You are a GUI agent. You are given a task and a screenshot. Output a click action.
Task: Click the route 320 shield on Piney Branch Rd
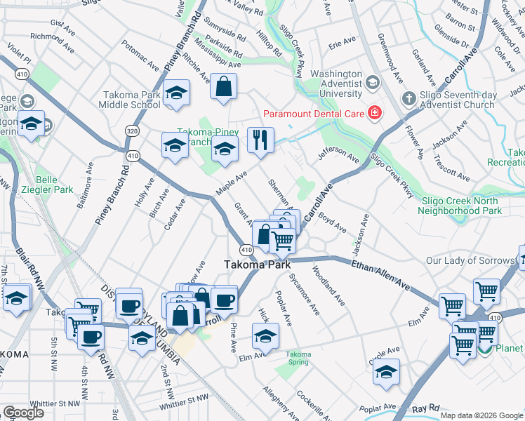[x=132, y=131]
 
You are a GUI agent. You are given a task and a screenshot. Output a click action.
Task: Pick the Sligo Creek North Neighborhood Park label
[x=461, y=205]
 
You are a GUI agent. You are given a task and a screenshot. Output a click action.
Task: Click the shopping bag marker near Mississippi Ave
[x=223, y=87]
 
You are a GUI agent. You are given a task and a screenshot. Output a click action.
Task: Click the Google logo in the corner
[x=23, y=413]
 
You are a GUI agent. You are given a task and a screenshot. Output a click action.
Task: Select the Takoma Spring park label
[x=298, y=358]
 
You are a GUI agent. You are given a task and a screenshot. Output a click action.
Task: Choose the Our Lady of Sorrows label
[x=470, y=261]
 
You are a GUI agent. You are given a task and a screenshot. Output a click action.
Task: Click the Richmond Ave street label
[x=53, y=36]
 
